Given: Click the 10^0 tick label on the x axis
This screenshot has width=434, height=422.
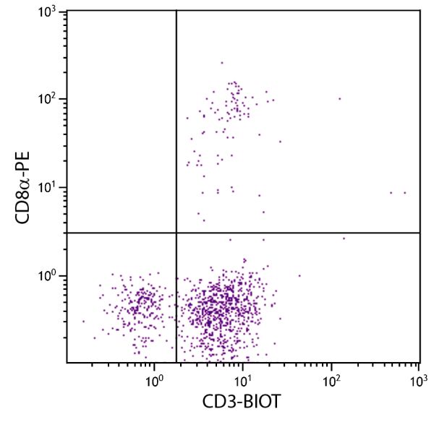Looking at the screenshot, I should pos(154,377).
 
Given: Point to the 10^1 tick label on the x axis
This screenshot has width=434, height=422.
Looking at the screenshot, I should pos(242,377).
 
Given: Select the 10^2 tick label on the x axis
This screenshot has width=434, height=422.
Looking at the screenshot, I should pos(331,377).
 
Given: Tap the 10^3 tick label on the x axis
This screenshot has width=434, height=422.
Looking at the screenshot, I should pos(418,377).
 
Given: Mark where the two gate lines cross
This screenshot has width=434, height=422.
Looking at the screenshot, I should pos(176,233).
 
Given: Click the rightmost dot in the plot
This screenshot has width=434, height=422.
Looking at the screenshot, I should pos(405,192).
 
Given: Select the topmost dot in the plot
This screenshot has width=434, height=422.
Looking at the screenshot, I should pos(222,62).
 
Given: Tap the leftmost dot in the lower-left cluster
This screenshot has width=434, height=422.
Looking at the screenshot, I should pos(83,322).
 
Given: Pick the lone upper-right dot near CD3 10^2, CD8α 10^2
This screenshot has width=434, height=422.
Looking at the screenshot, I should pos(339,99).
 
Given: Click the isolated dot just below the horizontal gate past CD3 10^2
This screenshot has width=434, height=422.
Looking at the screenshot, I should pos(344,238).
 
